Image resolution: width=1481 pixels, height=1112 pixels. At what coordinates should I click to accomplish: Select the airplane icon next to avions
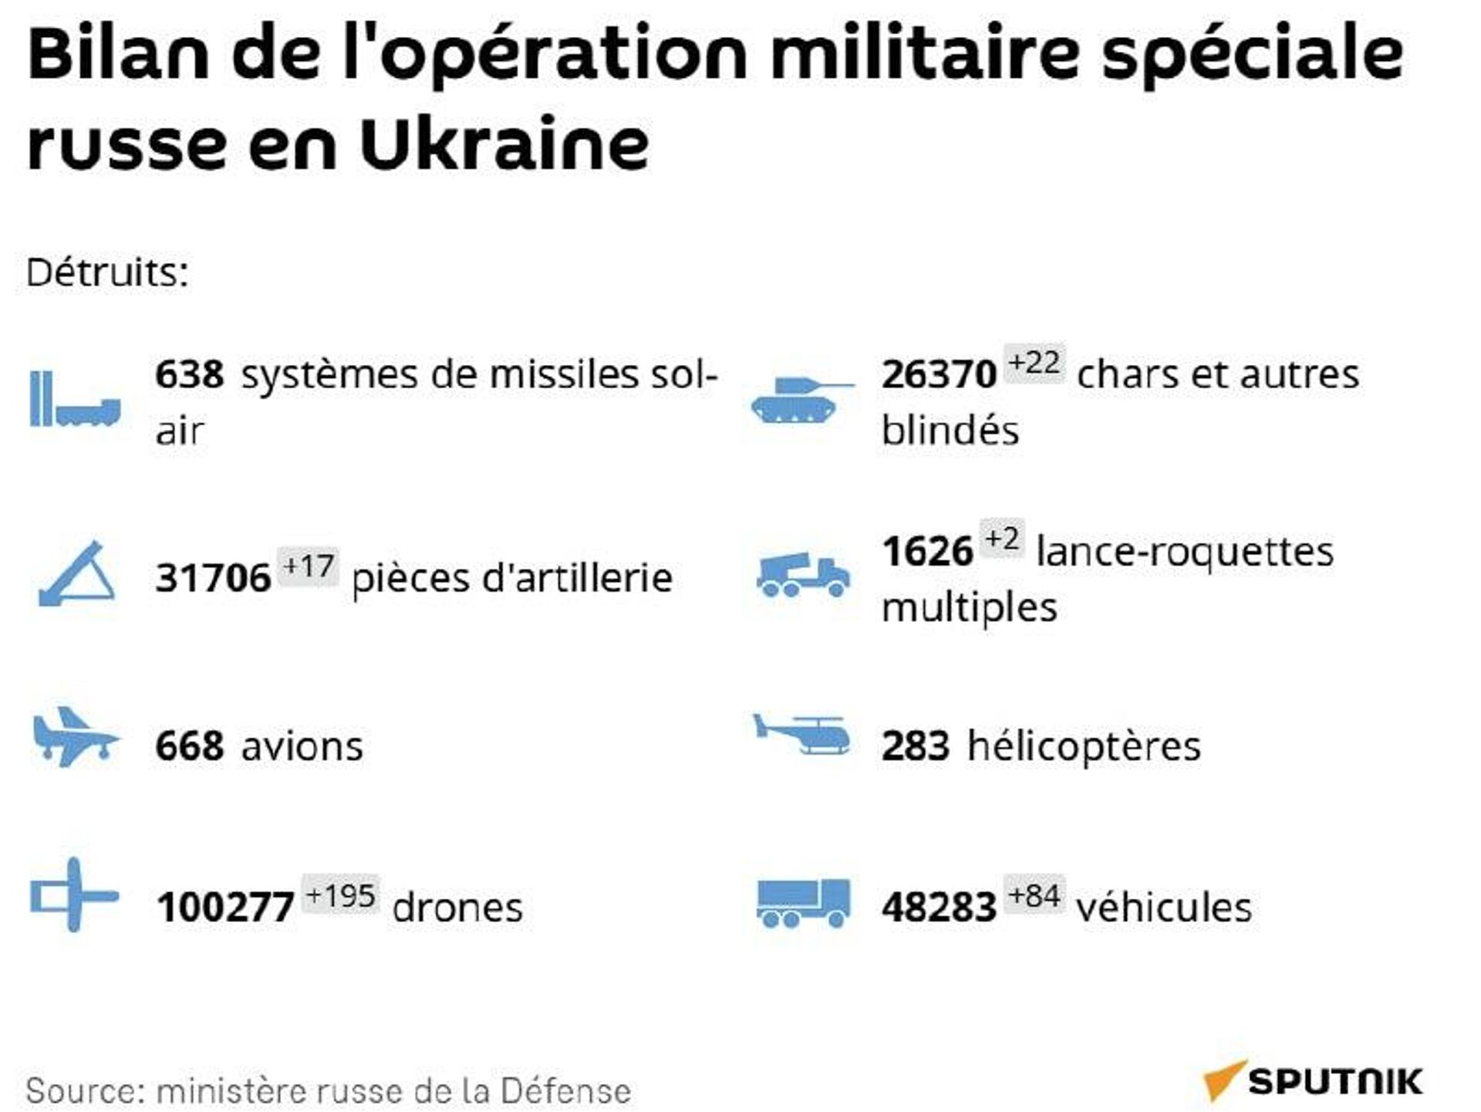[75, 738]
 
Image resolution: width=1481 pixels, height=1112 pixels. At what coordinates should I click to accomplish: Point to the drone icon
[73, 895]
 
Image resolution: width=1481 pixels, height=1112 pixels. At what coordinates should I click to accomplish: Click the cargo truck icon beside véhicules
[803, 902]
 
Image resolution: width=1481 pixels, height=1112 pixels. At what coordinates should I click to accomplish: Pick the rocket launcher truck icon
[803, 576]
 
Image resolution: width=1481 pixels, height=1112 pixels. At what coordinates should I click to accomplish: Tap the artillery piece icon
[76, 574]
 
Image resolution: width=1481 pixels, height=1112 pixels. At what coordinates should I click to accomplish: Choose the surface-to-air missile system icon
[75, 399]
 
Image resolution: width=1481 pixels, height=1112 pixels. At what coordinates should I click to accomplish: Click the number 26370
[939, 376]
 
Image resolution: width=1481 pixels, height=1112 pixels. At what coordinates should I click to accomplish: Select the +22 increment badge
[1034, 363]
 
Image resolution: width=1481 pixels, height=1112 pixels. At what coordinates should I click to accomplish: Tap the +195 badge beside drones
[340, 895]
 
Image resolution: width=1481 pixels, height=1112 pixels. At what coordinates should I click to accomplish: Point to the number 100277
[224, 908]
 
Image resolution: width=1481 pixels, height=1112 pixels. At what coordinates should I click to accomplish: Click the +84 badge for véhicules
[1034, 895]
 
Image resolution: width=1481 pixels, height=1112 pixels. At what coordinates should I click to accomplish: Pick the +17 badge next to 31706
[308, 567]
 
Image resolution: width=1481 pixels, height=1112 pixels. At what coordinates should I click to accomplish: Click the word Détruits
[107, 272]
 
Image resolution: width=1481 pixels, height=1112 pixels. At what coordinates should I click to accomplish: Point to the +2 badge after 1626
[1002, 539]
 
